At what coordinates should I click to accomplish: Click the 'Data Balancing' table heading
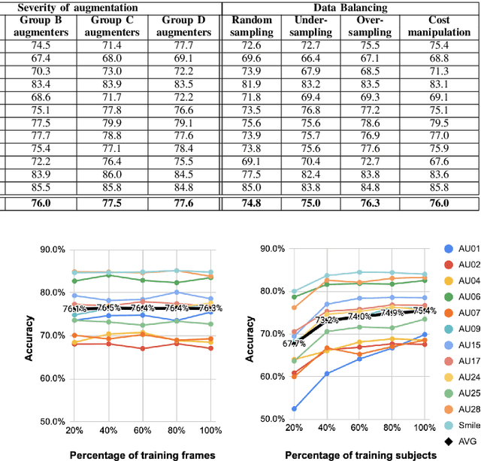point(352,7)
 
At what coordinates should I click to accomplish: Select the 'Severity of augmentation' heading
point(103,7)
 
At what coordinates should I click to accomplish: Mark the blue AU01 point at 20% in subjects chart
point(293,409)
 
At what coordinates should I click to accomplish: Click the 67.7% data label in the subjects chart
point(294,343)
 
